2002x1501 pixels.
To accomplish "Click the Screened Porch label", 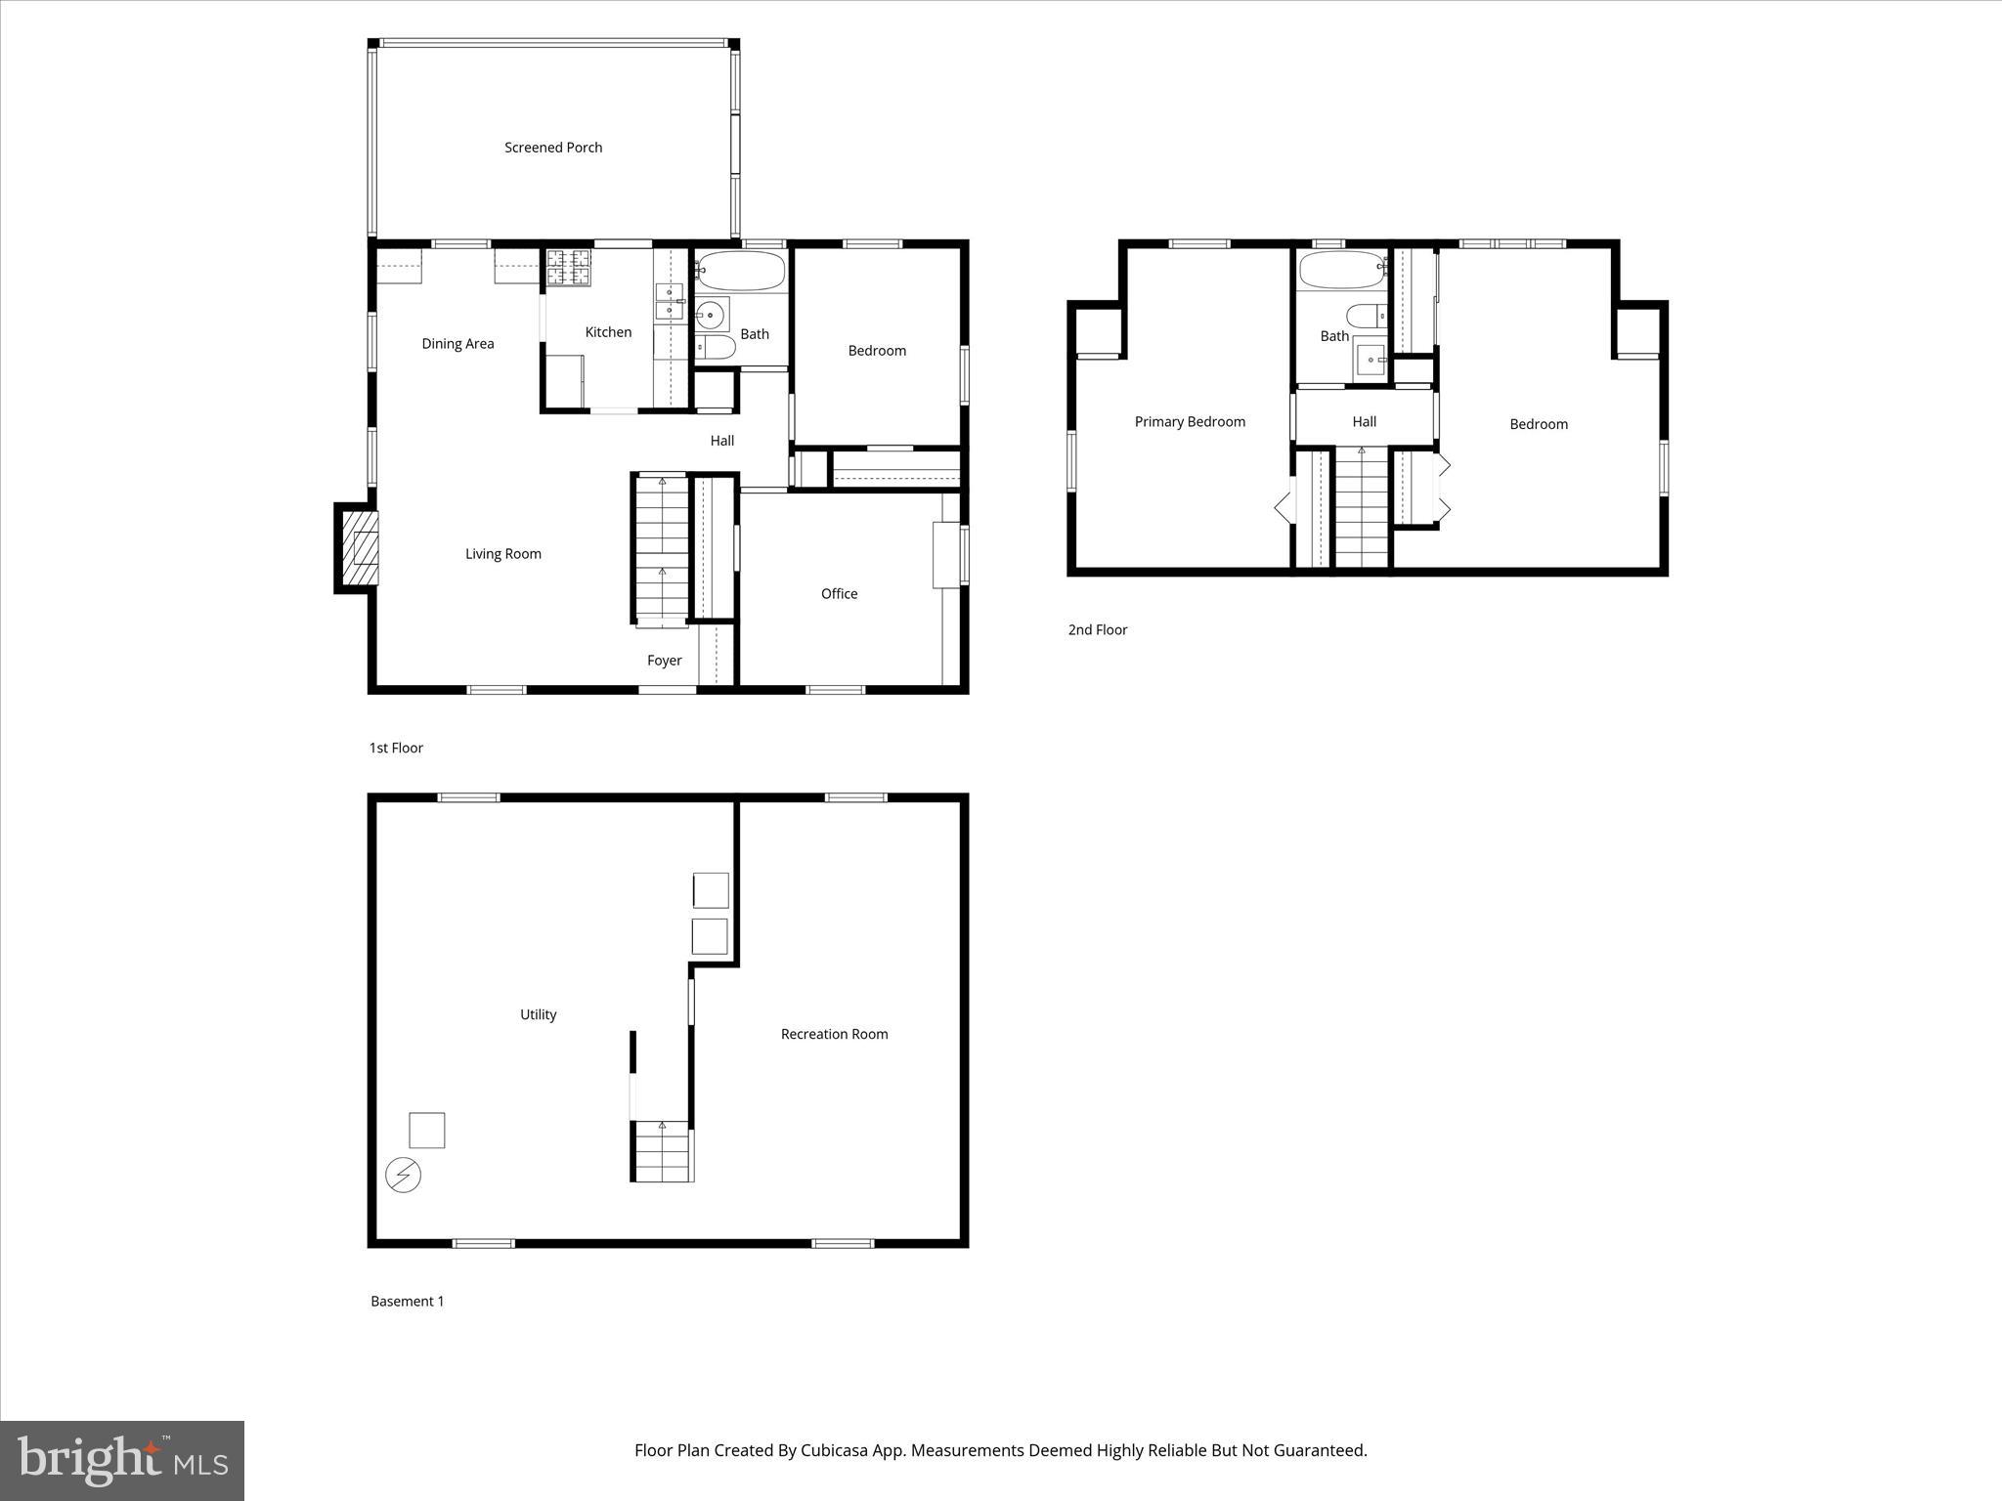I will pos(553,148).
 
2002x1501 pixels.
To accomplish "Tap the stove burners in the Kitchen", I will pos(569,268).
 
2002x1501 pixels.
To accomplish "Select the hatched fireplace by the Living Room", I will pos(359,548).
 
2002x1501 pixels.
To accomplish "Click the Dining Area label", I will pos(457,344).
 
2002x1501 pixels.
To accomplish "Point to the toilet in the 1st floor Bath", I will pos(716,348).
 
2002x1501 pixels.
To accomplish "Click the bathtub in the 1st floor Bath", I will pos(741,271).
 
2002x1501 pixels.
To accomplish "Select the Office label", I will pos(839,594).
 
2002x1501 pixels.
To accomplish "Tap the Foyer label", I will pos(664,661).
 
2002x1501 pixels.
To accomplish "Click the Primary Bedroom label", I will pos(1190,422).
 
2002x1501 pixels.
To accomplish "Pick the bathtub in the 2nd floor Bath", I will pos(1342,271).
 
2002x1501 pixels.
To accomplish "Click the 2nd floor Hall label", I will pos(1364,422).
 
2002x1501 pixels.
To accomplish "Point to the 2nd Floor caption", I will pos(1097,630).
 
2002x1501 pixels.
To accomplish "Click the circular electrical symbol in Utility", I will pos(403,1175).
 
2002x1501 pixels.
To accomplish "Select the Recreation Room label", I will pos(834,1034).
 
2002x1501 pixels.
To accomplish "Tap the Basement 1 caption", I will pos(407,1302).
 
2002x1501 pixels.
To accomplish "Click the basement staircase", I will pos(662,1153).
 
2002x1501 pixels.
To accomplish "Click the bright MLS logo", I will pos(122,1461).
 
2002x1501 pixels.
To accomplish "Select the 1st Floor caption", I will pos(396,749).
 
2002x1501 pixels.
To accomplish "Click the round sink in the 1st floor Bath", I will pos(711,315).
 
